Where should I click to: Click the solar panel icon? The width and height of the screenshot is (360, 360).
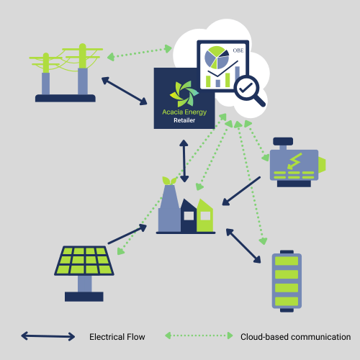(x=84, y=274)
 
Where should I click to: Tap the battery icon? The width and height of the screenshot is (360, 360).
(x=287, y=281)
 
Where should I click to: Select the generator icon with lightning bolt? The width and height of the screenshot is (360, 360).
(x=297, y=162)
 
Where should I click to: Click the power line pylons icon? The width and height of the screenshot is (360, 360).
(x=66, y=73)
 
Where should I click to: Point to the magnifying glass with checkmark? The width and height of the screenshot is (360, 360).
(x=250, y=91)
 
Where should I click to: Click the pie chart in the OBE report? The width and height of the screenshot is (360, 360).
(x=217, y=58)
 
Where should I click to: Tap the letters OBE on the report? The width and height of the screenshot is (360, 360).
(x=238, y=50)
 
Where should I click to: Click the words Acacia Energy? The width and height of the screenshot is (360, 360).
(x=184, y=112)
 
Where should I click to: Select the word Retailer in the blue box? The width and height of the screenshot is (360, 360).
(x=184, y=120)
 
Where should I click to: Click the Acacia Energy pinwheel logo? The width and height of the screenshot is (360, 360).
(x=184, y=94)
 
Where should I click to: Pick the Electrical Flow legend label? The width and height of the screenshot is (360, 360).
(x=117, y=337)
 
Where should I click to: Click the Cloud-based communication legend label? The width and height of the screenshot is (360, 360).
(x=296, y=337)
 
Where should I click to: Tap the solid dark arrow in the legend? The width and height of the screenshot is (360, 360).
(x=48, y=336)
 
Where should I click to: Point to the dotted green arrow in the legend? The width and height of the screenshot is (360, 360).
(x=199, y=336)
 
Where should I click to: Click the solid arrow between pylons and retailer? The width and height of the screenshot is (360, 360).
(x=125, y=91)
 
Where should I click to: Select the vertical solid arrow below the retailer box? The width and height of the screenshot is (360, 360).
(x=184, y=161)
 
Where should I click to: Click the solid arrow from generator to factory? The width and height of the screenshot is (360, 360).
(x=241, y=191)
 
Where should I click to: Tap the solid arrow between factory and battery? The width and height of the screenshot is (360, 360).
(x=243, y=246)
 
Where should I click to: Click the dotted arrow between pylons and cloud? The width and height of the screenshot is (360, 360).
(x=140, y=53)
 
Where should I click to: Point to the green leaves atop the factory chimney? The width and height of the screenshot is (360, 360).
(x=169, y=181)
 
